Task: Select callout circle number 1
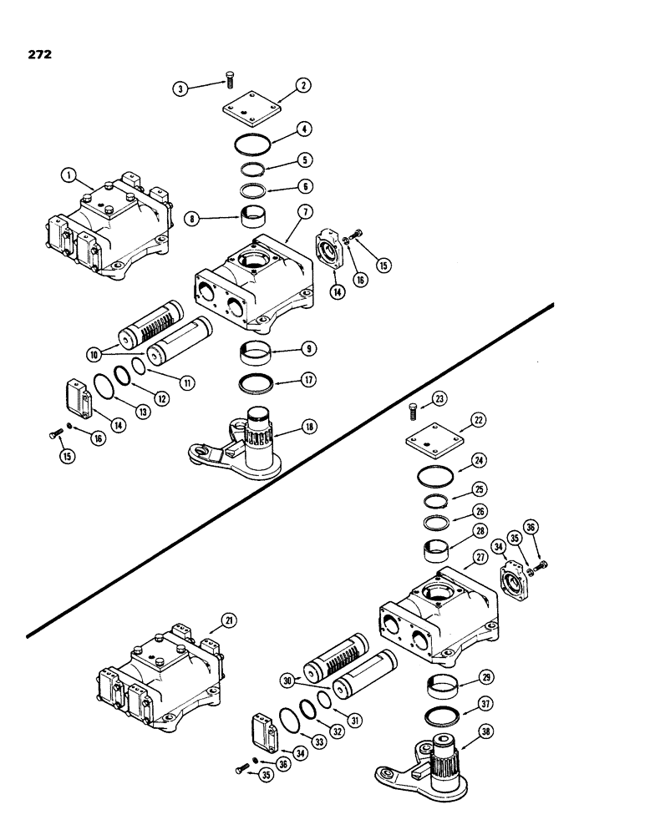point(69,175)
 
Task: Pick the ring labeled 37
point(441,715)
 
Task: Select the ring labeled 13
point(105,389)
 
